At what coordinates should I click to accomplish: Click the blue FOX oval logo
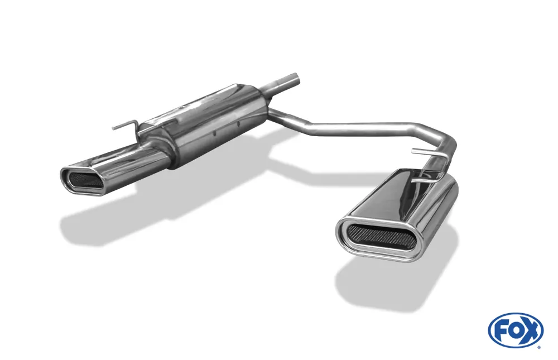pos(516,330)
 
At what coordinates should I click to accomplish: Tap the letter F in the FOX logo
pos(501,330)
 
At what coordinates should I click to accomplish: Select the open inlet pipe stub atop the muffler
pos(287,81)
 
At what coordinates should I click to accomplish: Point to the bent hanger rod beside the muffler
pos(126,126)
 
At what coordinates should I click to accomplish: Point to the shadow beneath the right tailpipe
pos(391,285)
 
